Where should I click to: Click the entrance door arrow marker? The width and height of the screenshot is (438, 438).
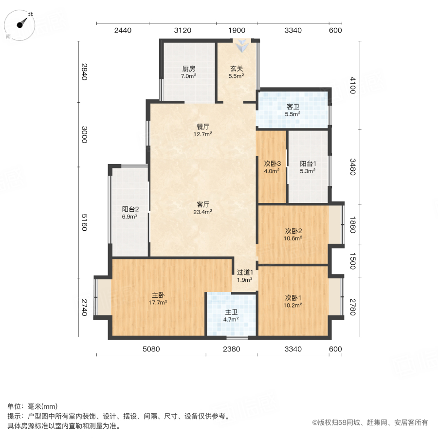coord(242,47)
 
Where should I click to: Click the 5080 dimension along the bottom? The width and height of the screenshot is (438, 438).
coord(151,349)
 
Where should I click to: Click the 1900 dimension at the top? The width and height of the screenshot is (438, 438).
coord(237,30)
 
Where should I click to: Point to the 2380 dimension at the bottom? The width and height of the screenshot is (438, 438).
coord(231,349)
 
